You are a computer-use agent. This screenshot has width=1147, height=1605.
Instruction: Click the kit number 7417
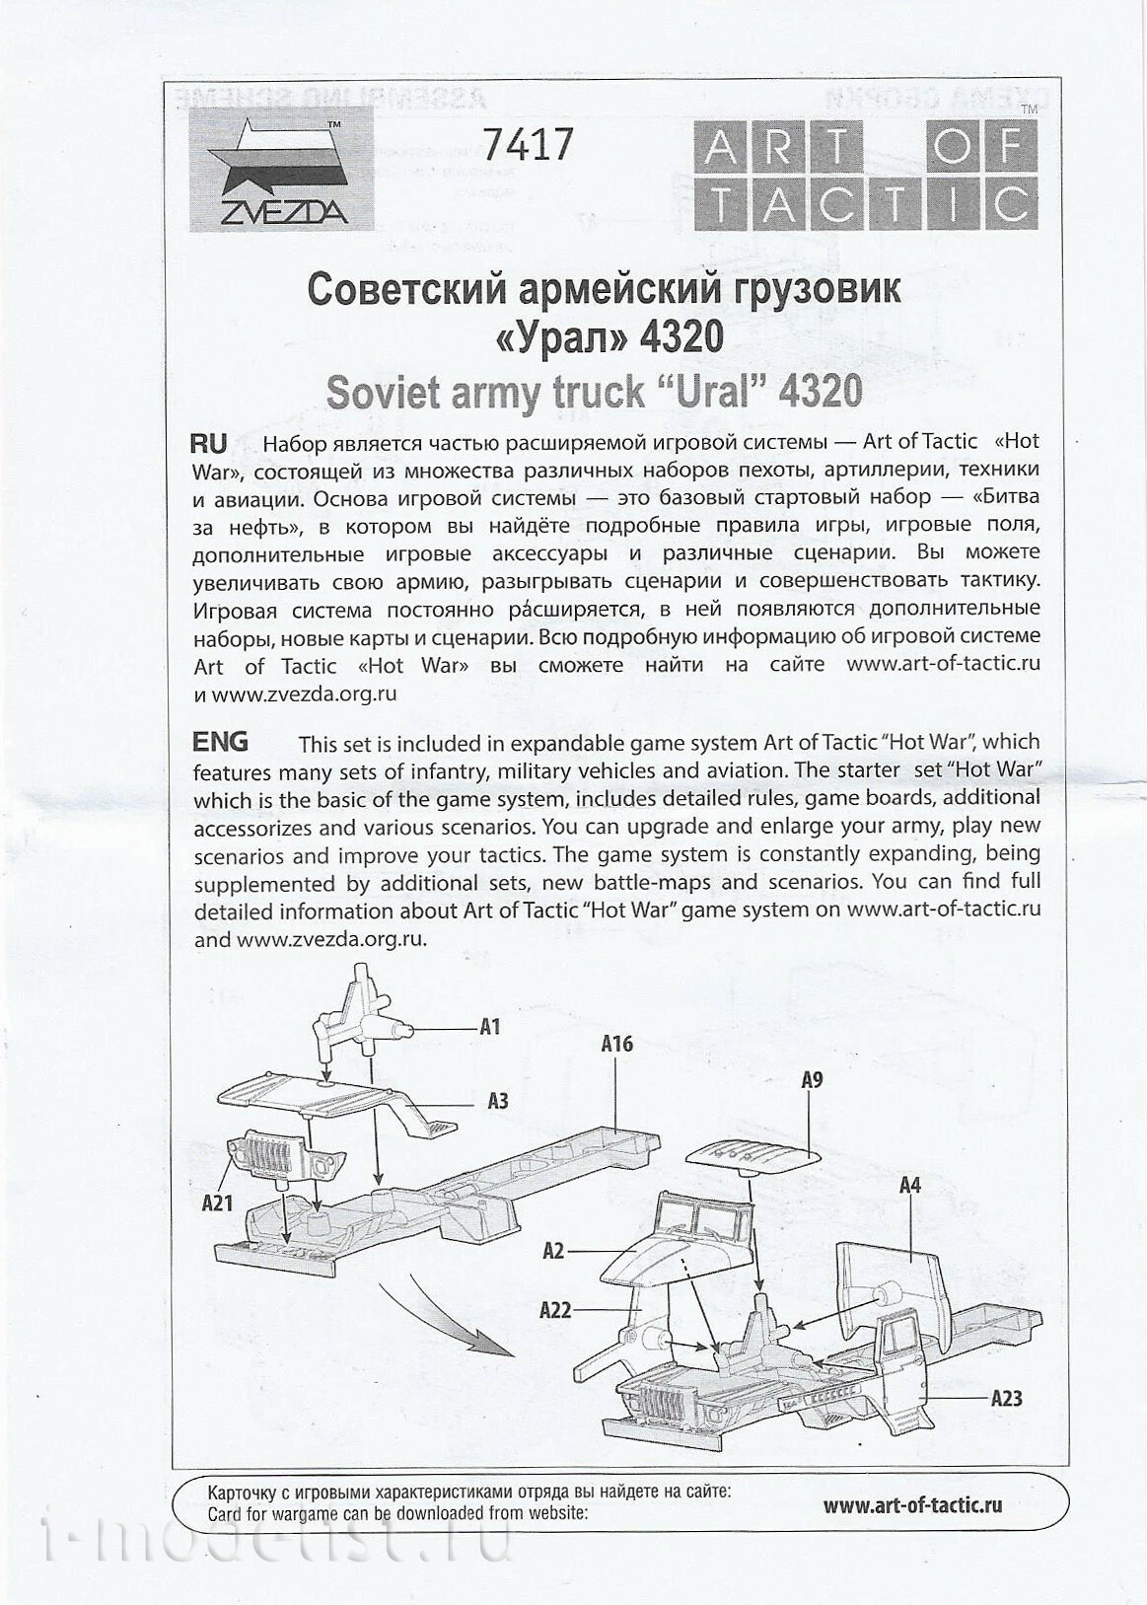(x=527, y=145)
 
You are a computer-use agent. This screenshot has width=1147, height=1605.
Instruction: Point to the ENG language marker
(x=221, y=741)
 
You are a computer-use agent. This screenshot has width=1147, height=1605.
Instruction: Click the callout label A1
(x=489, y=1028)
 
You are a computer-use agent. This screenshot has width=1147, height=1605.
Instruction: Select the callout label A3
(x=497, y=1100)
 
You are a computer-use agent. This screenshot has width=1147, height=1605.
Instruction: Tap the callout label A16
(x=616, y=1044)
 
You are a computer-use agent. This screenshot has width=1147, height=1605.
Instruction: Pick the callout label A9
(x=811, y=1080)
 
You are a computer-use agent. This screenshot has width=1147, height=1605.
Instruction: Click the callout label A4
(x=909, y=1185)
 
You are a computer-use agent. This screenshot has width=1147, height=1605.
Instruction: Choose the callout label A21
(x=216, y=1204)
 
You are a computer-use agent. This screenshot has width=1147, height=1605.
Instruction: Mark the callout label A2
(x=554, y=1251)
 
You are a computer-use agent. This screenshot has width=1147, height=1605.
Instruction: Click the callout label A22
(x=556, y=1311)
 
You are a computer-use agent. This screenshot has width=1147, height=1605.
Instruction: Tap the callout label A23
(x=1006, y=1397)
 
